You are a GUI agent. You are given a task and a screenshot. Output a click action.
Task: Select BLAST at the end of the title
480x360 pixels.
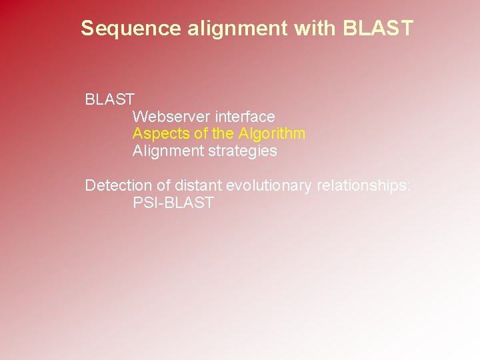[x=378, y=29]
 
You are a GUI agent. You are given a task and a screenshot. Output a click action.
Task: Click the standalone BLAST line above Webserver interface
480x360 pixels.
[x=110, y=100]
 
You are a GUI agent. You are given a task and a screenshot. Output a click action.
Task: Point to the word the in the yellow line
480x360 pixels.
[x=223, y=133]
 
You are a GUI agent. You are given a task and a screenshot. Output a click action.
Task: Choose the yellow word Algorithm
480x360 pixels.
[x=272, y=133]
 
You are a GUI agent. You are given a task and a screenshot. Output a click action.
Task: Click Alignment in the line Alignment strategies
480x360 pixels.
[x=168, y=151]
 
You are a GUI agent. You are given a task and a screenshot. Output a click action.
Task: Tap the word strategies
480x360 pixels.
[x=243, y=151]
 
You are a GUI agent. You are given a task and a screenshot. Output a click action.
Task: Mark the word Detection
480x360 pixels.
[x=114, y=185]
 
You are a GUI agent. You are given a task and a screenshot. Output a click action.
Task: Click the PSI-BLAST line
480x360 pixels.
[x=173, y=203]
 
